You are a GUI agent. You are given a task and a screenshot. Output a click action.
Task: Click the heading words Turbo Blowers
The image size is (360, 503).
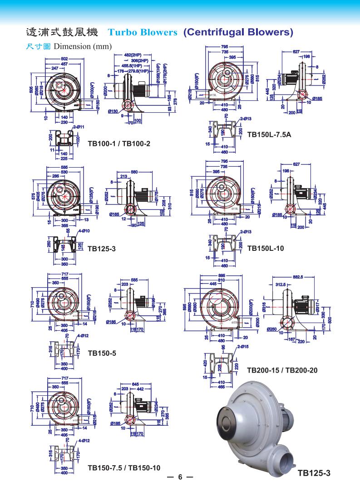[143, 32]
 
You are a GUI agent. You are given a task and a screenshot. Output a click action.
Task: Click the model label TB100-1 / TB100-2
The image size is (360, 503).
[119, 144]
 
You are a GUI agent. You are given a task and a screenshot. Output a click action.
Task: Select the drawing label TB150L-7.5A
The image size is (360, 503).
[269, 134]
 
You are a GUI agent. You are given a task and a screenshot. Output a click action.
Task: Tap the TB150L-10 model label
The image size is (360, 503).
[266, 249]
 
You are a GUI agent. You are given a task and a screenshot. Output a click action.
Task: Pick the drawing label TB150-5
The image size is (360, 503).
[103, 353]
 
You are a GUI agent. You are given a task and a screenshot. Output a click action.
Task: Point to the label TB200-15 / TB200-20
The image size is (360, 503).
[282, 370]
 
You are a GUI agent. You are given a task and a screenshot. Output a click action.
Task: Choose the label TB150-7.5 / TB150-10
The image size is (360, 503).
[124, 468]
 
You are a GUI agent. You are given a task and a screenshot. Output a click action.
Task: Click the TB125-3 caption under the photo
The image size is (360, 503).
[314, 473]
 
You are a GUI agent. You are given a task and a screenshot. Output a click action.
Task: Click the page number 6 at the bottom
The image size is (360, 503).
[180, 477]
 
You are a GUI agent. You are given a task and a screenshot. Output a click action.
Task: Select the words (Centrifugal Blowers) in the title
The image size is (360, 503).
[238, 32]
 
